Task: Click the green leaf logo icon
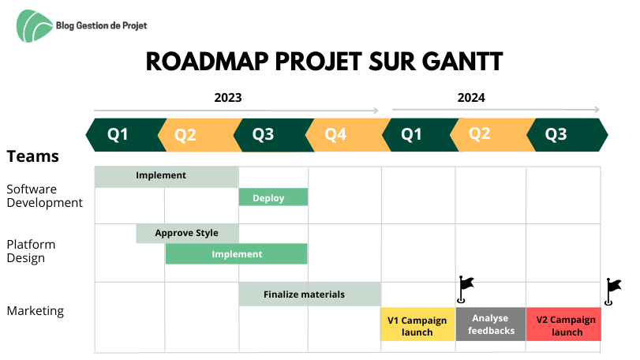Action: point(34,26)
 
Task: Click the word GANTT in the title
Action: point(462,62)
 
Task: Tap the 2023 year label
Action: point(228,98)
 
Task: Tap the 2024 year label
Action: point(471,98)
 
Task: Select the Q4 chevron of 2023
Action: point(347,135)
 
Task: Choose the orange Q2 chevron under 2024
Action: point(492,135)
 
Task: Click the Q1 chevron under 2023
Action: point(125,135)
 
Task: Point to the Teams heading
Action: point(32,156)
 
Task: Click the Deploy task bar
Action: point(273,197)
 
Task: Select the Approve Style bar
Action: point(187,233)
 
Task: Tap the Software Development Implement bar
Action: point(167,177)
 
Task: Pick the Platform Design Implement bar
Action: point(236,254)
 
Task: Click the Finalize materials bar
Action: point(310,294)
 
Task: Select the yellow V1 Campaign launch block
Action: point(417,324)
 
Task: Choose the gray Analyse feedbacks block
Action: point(491,324)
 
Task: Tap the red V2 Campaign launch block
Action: point(563,324)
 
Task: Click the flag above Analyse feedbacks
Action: point(465,290)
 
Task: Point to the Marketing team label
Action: point(35,311)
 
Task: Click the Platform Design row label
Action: point(31,251)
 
